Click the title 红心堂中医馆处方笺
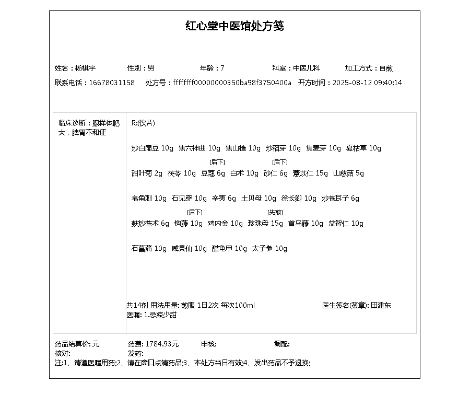234,26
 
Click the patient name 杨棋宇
85,68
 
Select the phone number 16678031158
112,83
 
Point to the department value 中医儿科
307,68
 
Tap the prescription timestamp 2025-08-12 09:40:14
367,83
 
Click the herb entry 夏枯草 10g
363,148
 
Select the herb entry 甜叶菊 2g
147,173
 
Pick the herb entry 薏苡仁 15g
310,173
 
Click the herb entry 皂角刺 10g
149,198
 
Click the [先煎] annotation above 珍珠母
275,212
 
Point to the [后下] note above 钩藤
194,212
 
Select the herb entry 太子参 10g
269,248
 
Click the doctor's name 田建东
381,305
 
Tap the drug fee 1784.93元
162,344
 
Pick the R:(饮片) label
143,123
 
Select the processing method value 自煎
386,68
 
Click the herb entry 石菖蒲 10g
149,248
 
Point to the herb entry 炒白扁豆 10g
152,148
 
